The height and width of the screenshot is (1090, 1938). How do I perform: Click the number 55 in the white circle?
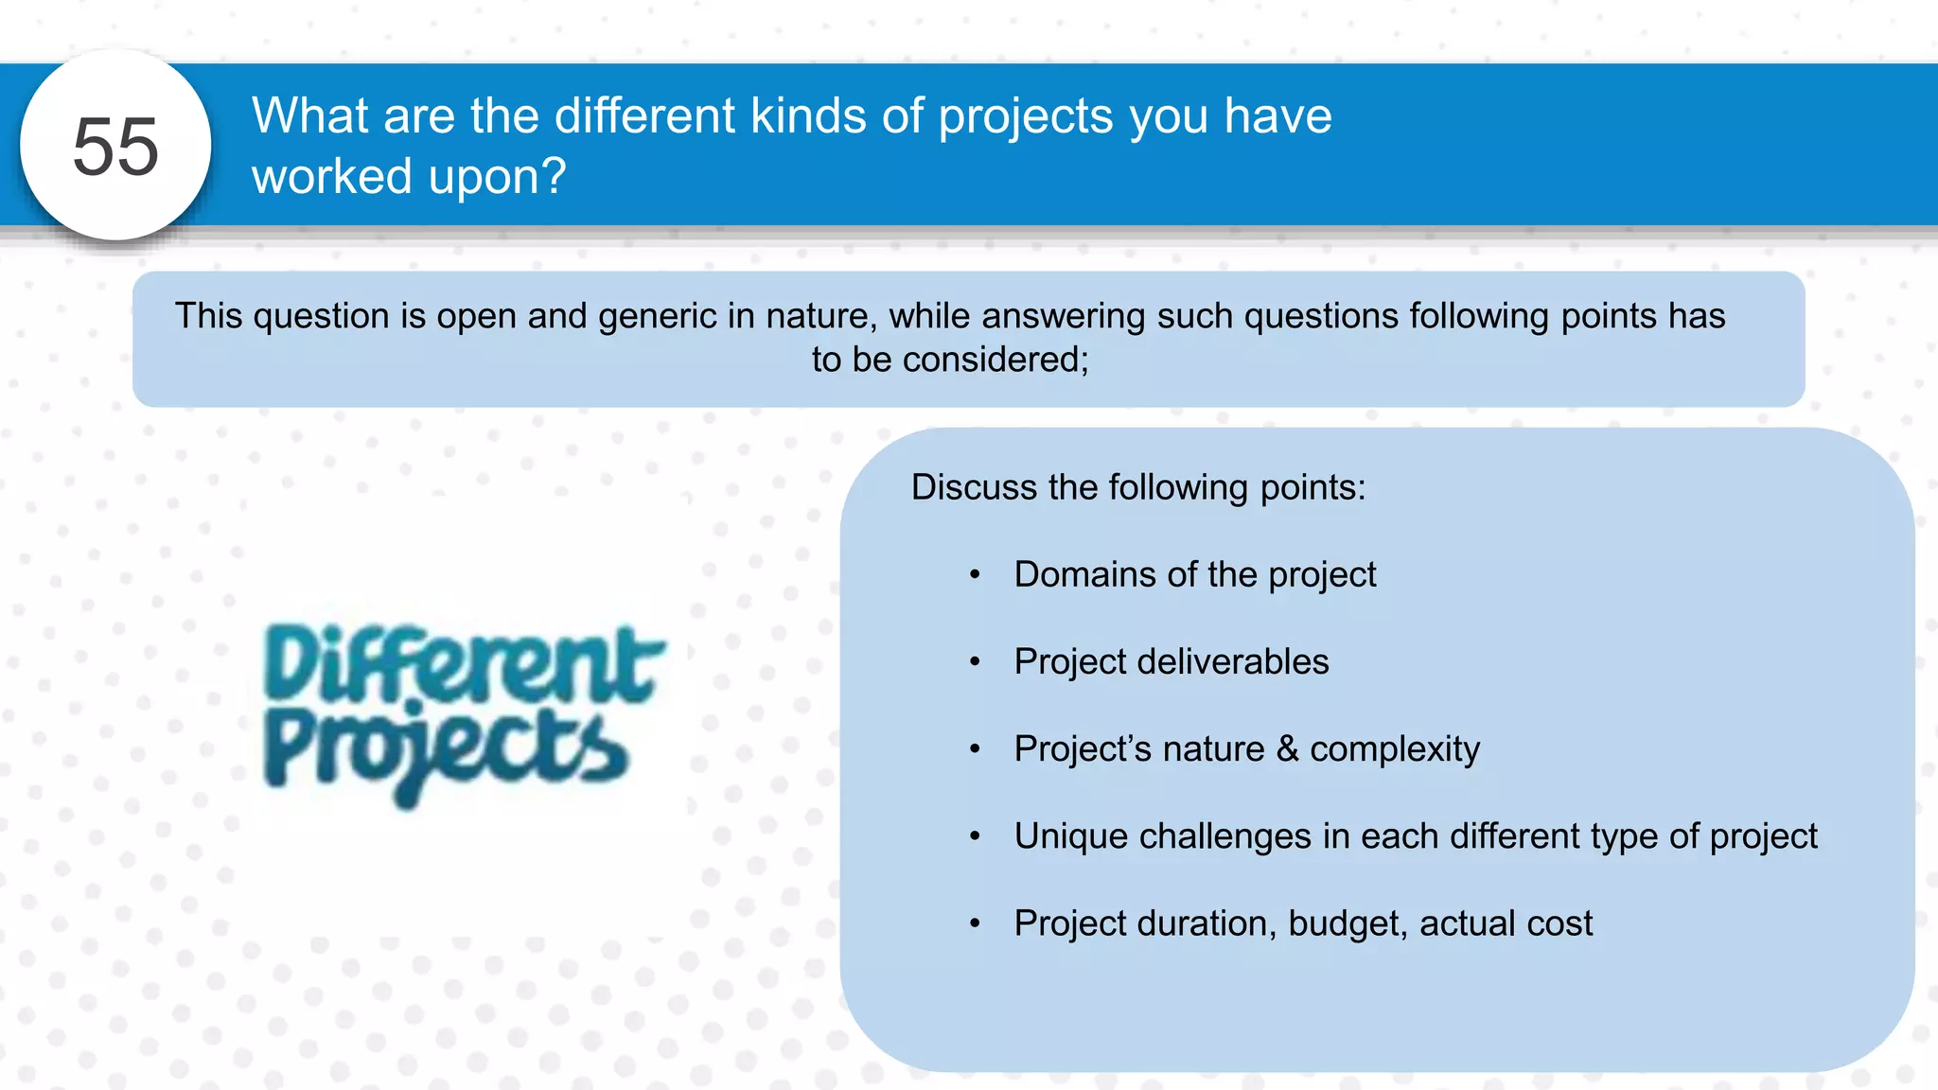pyautogui.click(x=115, y=147)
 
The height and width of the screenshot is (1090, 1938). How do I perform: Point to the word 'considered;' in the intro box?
pyautogui.click(x=996, y=360)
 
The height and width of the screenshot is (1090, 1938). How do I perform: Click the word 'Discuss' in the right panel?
pyautogui.click(x=974, y=487)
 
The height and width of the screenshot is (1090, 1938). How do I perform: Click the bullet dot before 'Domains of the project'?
pyautogui.click(x=975, y=574)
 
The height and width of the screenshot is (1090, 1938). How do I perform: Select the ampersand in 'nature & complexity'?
pyautogui.click(x=1287, y=748)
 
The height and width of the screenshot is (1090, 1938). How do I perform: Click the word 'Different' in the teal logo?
pyautogui.click(x=464, y=664)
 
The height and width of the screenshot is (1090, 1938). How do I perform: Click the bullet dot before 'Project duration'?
pyautogui.click(x=975, y=923)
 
